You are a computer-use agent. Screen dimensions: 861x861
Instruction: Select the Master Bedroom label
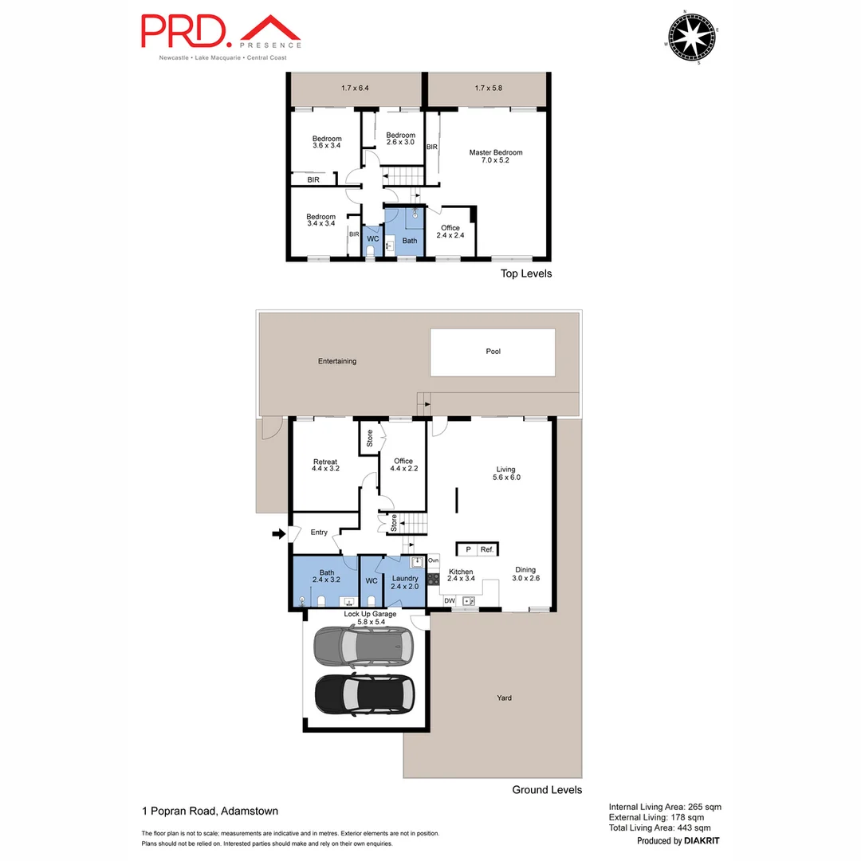pyautogui.click(x=495, y=156)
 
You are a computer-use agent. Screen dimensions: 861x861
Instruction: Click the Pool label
pyautogui.click(x=493, y=352)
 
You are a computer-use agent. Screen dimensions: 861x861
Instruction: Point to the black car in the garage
pyautogui.click(x=365, y=694)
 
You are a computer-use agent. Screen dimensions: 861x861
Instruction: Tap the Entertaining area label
pyautogui.click(x=337, y=361)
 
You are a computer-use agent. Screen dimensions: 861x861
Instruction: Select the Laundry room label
pyautogui.click(x=405, y=582)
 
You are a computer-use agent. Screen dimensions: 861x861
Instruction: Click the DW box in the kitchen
pyautogui.click(x=450, y=600)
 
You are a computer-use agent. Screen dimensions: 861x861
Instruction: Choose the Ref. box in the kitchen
pyautogui.click(x=487, y=549)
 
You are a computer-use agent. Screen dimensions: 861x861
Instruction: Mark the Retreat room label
pyautogui.click(x=325, y=466)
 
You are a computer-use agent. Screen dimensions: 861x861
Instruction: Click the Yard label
pyautogui.click(x=504, y=698)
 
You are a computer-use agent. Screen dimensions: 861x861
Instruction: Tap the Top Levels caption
pyautogui.click(x=525, y=273)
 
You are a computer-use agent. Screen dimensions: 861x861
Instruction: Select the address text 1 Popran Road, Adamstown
pyautogui.click(x=210, y=812)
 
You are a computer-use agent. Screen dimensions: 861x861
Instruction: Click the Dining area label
pyautogui.click(x=525, y=574)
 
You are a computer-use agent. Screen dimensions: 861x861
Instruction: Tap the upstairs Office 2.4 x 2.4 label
pyautogui.click(x=450, y=231)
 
